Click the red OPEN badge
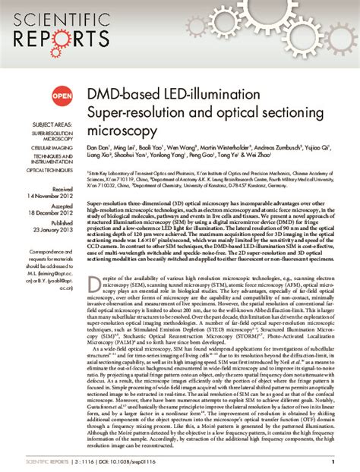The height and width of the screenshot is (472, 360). click(62, 96)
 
